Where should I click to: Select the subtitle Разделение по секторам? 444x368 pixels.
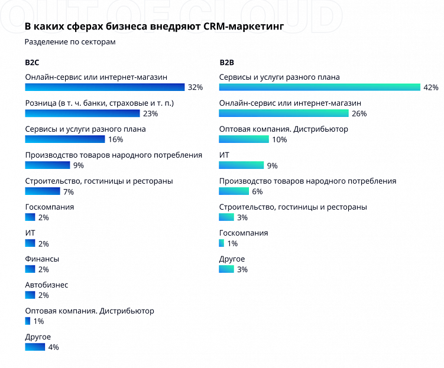click(70, 42)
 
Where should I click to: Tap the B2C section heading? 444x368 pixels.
click(32, 62)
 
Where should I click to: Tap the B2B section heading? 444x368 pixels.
click(226, 62)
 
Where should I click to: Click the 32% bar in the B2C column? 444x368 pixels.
click(105, 87)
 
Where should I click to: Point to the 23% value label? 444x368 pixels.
click(150, 113)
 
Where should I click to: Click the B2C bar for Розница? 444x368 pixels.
click(82, 113)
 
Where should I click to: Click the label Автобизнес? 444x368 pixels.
click(47, 285)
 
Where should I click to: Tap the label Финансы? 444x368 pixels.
click(42, 259)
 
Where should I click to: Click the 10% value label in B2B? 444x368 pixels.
click(279, 139)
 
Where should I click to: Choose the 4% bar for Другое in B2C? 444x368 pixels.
click(35, 347)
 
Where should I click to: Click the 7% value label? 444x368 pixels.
click(68, 191)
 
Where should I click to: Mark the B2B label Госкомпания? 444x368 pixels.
click(244, 233)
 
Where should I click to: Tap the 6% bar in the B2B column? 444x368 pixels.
click(234, 191)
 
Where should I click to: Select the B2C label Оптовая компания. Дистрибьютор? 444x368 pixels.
click(89, 311)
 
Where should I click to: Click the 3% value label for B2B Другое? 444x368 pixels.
click(242, 269)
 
